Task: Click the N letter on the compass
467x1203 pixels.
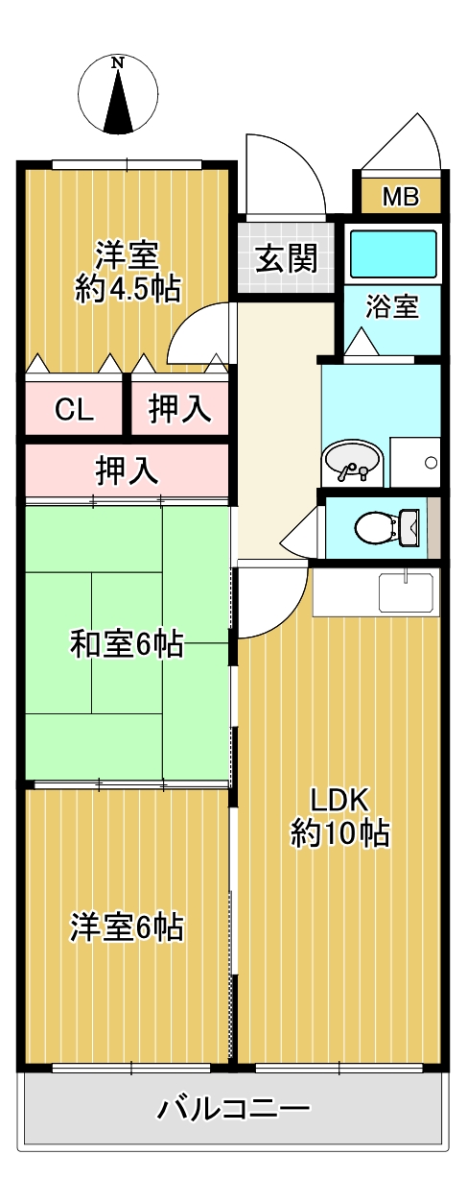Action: pyautogui.click(x=118, y=63)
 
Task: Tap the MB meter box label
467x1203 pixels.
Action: pyautogui.click(x=400, y=198)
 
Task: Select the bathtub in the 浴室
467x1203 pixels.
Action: pyautogui.click(x=393, y=253)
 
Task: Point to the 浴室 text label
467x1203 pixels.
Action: pyautogui.click(x=392, y=307)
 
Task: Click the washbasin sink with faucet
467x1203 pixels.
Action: pyautogui.click(x=351, y=464)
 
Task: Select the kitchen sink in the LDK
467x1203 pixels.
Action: pyautogui.click(x=407, y=591)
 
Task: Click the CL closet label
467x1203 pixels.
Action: pyautogui.click(x=74, y=410)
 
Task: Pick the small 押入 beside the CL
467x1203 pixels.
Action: pyautogui.click(x=180, y=410)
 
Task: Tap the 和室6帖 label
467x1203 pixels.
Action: pyautogui.click(x=127, y=645)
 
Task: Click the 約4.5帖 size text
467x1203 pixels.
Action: pyautogui.click(x=128, y=289)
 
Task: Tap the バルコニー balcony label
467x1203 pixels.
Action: pyautogui.click(x=233, y=1110)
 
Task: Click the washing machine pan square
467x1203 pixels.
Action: pyautogui.click(x=415, y=462)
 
